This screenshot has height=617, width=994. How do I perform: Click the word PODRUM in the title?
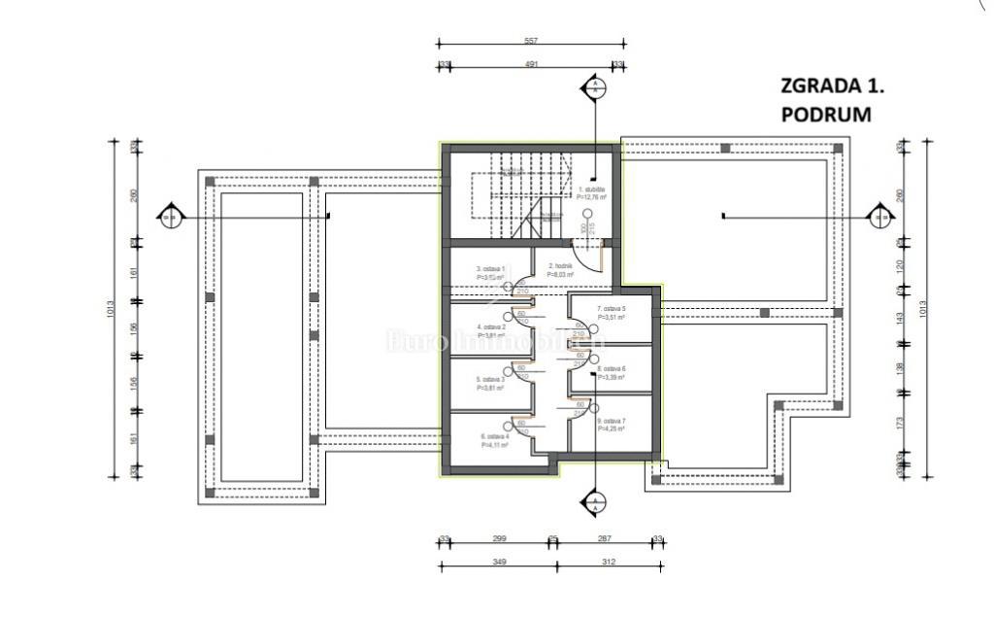[x=826, y=114]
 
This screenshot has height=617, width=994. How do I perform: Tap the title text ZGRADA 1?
[x=833, y=86]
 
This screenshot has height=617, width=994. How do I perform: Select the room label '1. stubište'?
[x=592, y=190]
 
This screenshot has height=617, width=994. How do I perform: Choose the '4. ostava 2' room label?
[x=491, y=327]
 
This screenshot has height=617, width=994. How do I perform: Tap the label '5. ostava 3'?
[x=491, y=379]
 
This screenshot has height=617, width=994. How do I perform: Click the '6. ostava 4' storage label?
[x=495, y=437]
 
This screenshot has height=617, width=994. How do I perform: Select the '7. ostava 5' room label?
[x=611, y=308]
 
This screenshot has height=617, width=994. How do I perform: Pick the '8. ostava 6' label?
[x=612, y=369]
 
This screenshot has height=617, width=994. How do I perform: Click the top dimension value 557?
[x=530, y=42]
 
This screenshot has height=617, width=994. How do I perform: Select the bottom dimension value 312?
[x=610, y=561]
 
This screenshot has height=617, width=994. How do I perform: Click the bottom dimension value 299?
[x=500, y=538]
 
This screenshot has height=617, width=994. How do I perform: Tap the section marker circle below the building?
[x=591, y=502]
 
